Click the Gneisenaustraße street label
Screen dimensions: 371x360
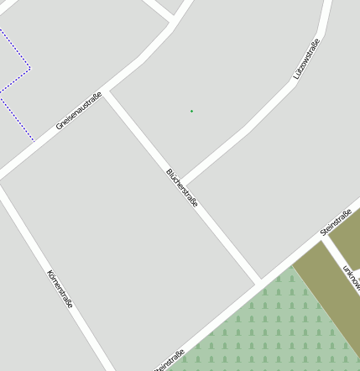[79, 111]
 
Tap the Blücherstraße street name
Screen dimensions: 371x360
[182, 188]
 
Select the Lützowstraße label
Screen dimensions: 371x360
[307, 60]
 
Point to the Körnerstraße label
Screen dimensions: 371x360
[60, 289]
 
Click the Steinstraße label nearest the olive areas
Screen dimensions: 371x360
[336, 221]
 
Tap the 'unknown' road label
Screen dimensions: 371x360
[351, 278]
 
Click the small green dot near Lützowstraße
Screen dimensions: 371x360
[191, 111]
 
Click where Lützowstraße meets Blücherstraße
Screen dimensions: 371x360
[181, 183]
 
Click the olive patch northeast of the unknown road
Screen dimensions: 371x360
[347, 235]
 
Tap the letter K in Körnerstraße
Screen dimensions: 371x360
[50, 273]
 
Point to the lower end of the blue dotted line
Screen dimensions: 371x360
[34, 140]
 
